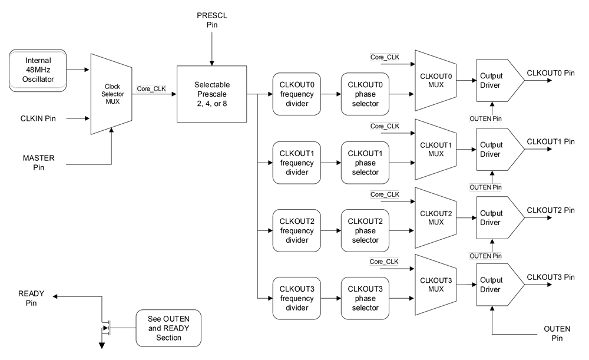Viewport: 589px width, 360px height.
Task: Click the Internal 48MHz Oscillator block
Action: point(38,70)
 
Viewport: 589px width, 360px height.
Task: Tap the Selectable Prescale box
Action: point(210,94)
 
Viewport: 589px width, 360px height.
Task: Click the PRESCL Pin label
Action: point(211,19)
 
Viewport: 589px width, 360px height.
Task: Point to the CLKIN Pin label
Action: point(38,118)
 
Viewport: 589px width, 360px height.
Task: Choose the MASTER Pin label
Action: point(38,163)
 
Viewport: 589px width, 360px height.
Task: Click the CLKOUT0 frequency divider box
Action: point(297,94)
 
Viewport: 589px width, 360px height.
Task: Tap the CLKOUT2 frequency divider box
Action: point(297,230)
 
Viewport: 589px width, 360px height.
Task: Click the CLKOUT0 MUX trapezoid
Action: point(435,80)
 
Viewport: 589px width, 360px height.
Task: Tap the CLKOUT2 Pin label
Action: point(551,210)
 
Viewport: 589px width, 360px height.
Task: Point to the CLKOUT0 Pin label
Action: point(551,73)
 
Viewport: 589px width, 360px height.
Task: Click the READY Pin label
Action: point(31,298)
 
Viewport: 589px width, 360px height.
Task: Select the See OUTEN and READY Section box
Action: point(168,328)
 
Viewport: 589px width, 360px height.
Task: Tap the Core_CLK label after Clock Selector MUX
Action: point(151,89)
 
